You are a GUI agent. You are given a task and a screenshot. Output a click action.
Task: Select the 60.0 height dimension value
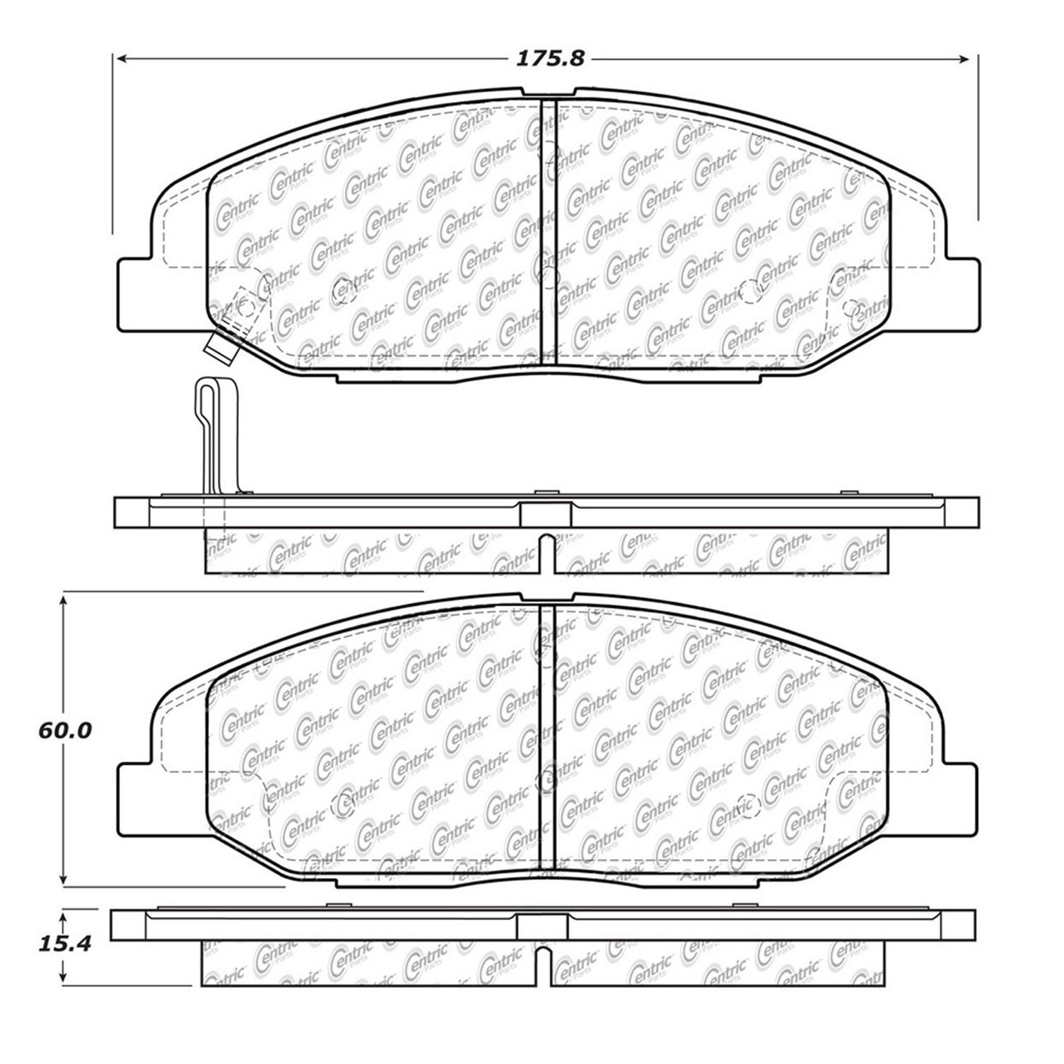[65, 730]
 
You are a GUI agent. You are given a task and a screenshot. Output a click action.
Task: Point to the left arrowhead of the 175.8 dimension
[122, 59]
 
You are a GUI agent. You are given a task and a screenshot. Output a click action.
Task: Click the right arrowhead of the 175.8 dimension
[969, 59]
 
